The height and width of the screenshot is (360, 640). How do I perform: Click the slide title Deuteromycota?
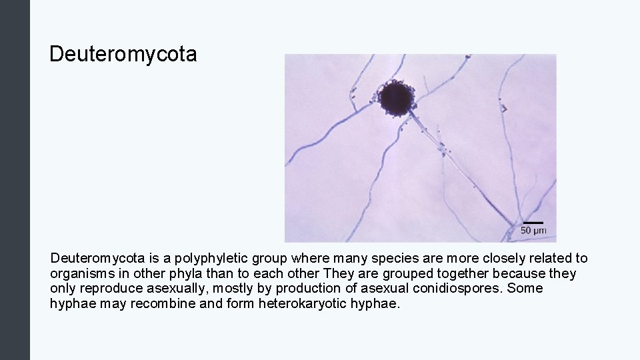pos(123,54)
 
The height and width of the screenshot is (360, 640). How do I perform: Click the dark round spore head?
pos(397,97)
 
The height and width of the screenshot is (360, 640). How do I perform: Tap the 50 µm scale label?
pos(533,231)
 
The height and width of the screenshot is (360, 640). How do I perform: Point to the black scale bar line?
pos(533,223)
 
